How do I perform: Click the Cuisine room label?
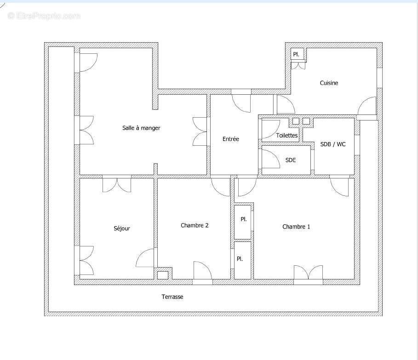tap(329, 83)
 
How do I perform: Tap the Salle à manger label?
tap(141, 128)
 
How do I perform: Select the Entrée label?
tap(231, 139)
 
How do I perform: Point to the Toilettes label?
tap(287, 136)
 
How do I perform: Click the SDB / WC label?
tap(333, 144)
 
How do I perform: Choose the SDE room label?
tap(291, 160)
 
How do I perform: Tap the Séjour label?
tap(122, 229)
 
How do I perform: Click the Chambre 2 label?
tap(195, 225)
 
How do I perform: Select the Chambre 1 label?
tap(296, 227)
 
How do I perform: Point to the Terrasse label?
tap(172, 297)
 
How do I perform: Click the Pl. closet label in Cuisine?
tap(297, 54)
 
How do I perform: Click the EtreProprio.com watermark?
tap(44, 16)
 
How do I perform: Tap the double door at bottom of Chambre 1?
tap(308, 273)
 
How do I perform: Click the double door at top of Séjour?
tap(117, 185)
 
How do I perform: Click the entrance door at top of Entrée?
tap(241, 102)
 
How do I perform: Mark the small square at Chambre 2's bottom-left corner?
tap(162, 275)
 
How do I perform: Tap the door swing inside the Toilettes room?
tap(271, 129)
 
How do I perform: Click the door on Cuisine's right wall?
tap(368, 106)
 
